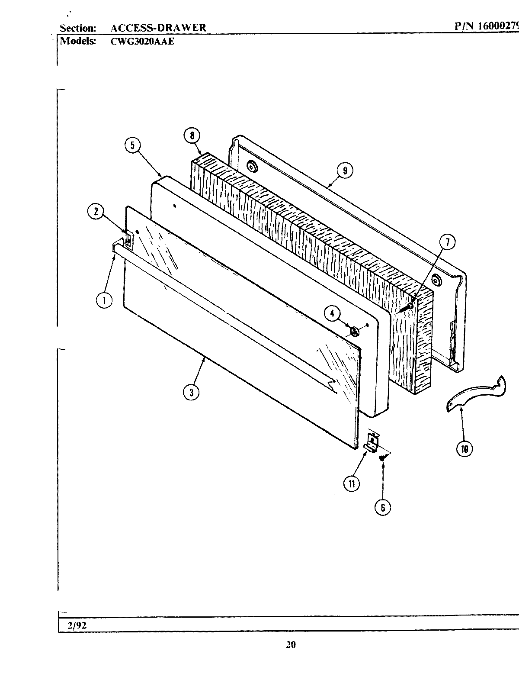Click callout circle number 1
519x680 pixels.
coord(104,300)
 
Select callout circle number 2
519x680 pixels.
coord(96,211)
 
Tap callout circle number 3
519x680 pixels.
coord(191,392)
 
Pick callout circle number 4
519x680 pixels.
coord(333,314)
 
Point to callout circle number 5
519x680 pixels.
coord(133,146)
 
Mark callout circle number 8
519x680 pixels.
coord(192,135)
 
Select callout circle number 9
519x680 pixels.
coord(345,171)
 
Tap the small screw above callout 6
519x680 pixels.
coord(382,457)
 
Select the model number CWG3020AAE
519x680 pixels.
coord(142,42)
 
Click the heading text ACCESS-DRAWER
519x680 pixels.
coord(158,28)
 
